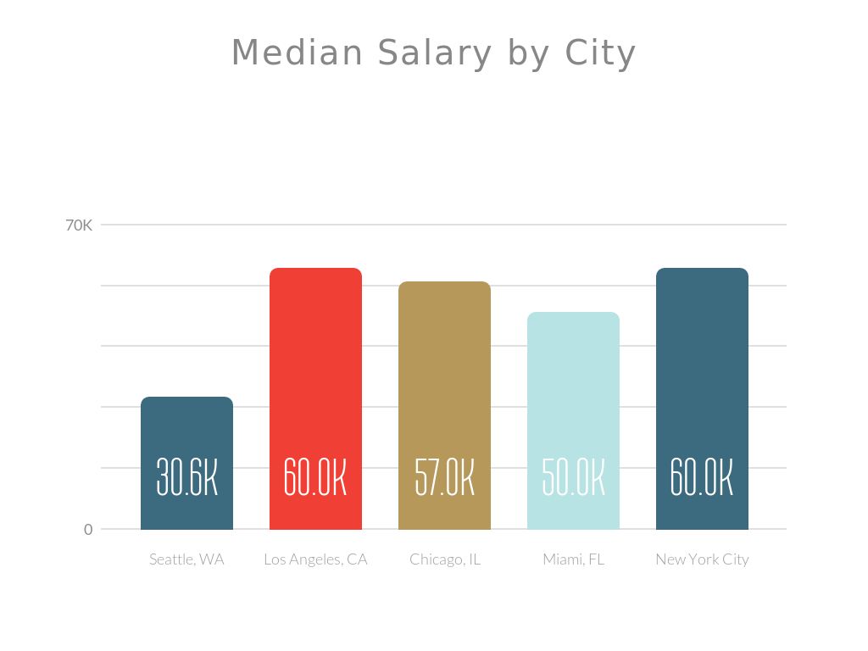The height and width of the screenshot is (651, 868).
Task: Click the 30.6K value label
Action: coord(186,478)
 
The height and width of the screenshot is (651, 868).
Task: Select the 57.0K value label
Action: coord(444,478)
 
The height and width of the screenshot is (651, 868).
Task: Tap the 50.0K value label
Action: coord(573,478)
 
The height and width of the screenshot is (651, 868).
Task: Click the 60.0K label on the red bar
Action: coord(315,478)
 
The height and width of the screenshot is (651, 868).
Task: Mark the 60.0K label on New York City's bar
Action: coord(702,478)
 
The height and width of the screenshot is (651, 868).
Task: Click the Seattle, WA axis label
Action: coord(186,559)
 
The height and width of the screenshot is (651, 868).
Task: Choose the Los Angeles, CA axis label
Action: coord(315,559)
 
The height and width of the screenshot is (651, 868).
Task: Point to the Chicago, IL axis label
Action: coord(444,559)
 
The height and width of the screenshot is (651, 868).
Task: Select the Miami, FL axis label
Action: coord(573,559)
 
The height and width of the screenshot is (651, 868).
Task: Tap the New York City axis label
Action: coord(702,559)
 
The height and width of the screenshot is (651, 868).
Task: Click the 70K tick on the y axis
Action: coord(79,225)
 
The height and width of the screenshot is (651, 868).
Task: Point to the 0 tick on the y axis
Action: coord(88,530)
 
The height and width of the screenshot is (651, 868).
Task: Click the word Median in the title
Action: coord(298,53)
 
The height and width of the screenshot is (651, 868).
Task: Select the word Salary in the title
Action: coord(435,53)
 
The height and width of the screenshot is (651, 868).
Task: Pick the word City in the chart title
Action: coord(601,53)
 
